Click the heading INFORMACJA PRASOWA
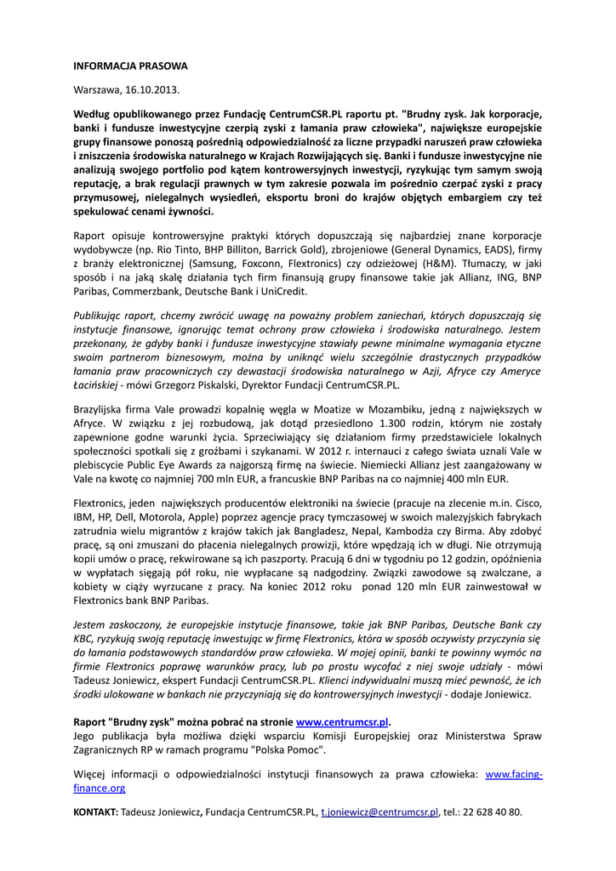130,65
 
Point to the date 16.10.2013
152,89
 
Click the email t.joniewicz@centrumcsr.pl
379,812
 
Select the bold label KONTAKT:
95,812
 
